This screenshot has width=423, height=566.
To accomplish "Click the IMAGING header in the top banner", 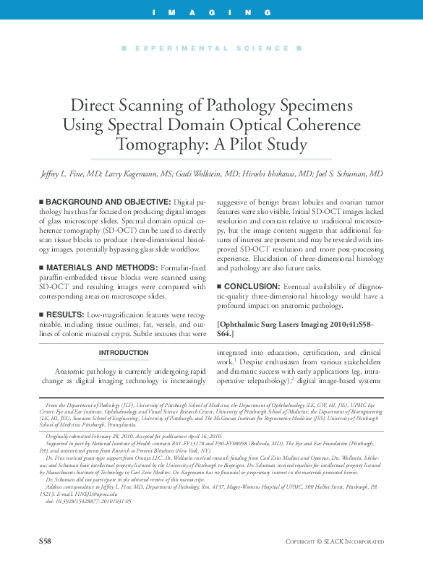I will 211,13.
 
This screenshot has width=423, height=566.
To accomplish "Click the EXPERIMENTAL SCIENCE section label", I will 211,48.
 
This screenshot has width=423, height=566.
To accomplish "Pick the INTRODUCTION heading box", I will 124,353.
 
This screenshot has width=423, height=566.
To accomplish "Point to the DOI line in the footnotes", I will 69,521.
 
